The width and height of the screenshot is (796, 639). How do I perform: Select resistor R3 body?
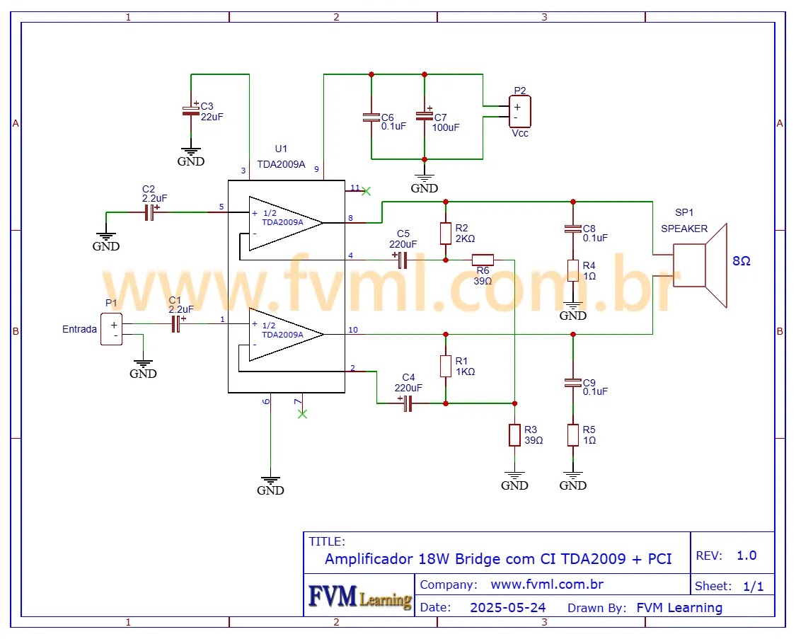[x=514, y=435]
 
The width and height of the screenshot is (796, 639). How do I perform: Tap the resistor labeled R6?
[x=483, y=260]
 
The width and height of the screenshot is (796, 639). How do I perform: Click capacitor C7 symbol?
[x=425, y=115]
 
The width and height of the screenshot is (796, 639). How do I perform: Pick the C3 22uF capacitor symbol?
[x=190, y=110]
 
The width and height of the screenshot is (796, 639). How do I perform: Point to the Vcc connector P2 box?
[x=520, y=111]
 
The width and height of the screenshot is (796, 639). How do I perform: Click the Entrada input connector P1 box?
[x=111, y=329]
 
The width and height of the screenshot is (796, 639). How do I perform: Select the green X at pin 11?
[x=366, y=190]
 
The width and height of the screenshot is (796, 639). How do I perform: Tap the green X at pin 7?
[x=302, y=413]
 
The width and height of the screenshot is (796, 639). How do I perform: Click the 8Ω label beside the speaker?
[x=742, y=261]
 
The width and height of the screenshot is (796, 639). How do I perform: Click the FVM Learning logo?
[x=360, y=597]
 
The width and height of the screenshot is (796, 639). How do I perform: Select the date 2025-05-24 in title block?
[x=507, y=608]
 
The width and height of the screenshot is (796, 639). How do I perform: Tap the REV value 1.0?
[x=746, y=555]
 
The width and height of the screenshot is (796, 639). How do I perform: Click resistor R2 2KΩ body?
[x=445, y=233]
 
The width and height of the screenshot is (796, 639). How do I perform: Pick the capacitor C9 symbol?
[x=572, y=383]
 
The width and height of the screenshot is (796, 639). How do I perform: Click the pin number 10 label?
[x=353, y=330]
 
